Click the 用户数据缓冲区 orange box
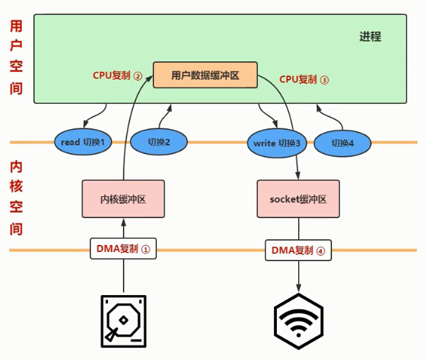click(x=206, y=75)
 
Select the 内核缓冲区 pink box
click(x=123, y=199)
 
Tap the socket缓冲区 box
click(x=297, y=199)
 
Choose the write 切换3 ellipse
click(x=276, y=143)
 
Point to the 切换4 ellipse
click(x=343, y=143)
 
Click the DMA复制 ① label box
click(x=123, y=248)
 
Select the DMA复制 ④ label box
click(x=297, y=250)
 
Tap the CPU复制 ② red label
click(x=117, y=76)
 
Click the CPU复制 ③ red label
click(x=304, y=80)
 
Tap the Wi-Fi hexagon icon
click(x=298, y=320)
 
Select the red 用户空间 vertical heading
click(x=16, y=58)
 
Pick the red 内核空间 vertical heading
click(x=16, y=198)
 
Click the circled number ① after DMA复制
click(x=146, y=248)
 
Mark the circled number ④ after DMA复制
click(x=320, y=250)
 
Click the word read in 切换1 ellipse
click(x=70, y=142)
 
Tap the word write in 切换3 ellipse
click(x=264, y=143)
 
